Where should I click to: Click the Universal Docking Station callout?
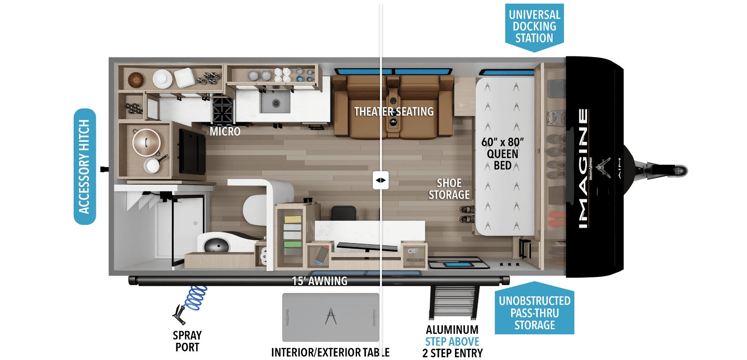(534, 27)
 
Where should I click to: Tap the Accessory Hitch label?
(85, 166)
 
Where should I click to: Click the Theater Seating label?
(394, 112)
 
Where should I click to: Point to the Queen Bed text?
(503, 159)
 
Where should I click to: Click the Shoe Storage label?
(449, 189)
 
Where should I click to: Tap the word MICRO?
(225, 131)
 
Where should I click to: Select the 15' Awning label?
(319, 281)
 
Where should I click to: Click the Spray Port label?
(187, 341)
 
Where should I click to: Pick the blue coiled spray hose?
(195, 298)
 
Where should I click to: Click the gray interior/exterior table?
(330, 318)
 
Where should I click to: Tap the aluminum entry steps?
(454, 302)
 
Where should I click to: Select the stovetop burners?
(222, 110)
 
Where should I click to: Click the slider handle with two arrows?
(381, 180)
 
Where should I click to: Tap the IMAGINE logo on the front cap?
(583, 168)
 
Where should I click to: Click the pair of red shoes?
(556, 219)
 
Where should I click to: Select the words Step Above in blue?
(452, 341)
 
